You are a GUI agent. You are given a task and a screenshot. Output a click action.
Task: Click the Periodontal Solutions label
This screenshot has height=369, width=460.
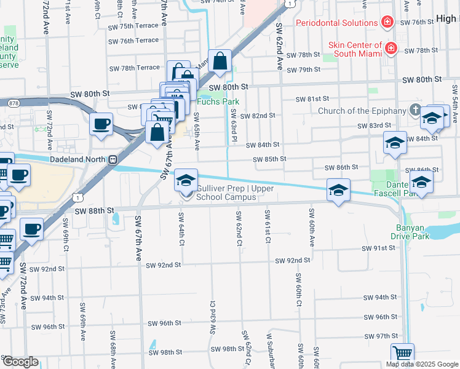coord(336,23)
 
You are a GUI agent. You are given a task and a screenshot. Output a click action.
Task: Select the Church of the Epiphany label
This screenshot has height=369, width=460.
coord(362,111)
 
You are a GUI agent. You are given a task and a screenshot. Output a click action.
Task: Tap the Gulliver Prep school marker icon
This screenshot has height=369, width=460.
coord(186,180)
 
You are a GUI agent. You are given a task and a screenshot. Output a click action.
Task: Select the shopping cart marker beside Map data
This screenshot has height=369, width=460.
coord(402,354)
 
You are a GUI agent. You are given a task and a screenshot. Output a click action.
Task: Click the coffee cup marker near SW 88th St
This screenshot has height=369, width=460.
coord(31,229)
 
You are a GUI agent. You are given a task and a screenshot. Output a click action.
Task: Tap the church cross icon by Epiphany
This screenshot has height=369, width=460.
coord(414,111)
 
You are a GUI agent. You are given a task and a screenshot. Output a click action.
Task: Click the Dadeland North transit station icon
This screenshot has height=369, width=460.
coord(113,160)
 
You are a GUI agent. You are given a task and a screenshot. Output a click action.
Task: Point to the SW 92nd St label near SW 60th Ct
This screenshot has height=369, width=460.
coord(293,261)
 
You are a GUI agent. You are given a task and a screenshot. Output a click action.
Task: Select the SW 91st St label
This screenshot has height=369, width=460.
coord(379,248)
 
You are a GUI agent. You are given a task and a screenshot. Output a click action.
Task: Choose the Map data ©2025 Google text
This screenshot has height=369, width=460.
coord(422,365)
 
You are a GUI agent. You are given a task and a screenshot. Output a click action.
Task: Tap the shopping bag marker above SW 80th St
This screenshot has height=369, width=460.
coord(220,61)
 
